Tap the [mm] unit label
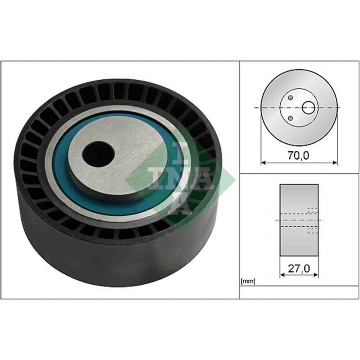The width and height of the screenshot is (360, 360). [248, 281]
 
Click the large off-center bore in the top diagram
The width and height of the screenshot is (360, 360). [309, 107]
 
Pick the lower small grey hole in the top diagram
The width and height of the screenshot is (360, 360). [290, 118]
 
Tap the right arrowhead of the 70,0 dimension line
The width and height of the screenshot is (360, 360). [337, 163]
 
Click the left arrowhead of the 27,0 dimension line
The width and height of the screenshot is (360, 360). [282, 276]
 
